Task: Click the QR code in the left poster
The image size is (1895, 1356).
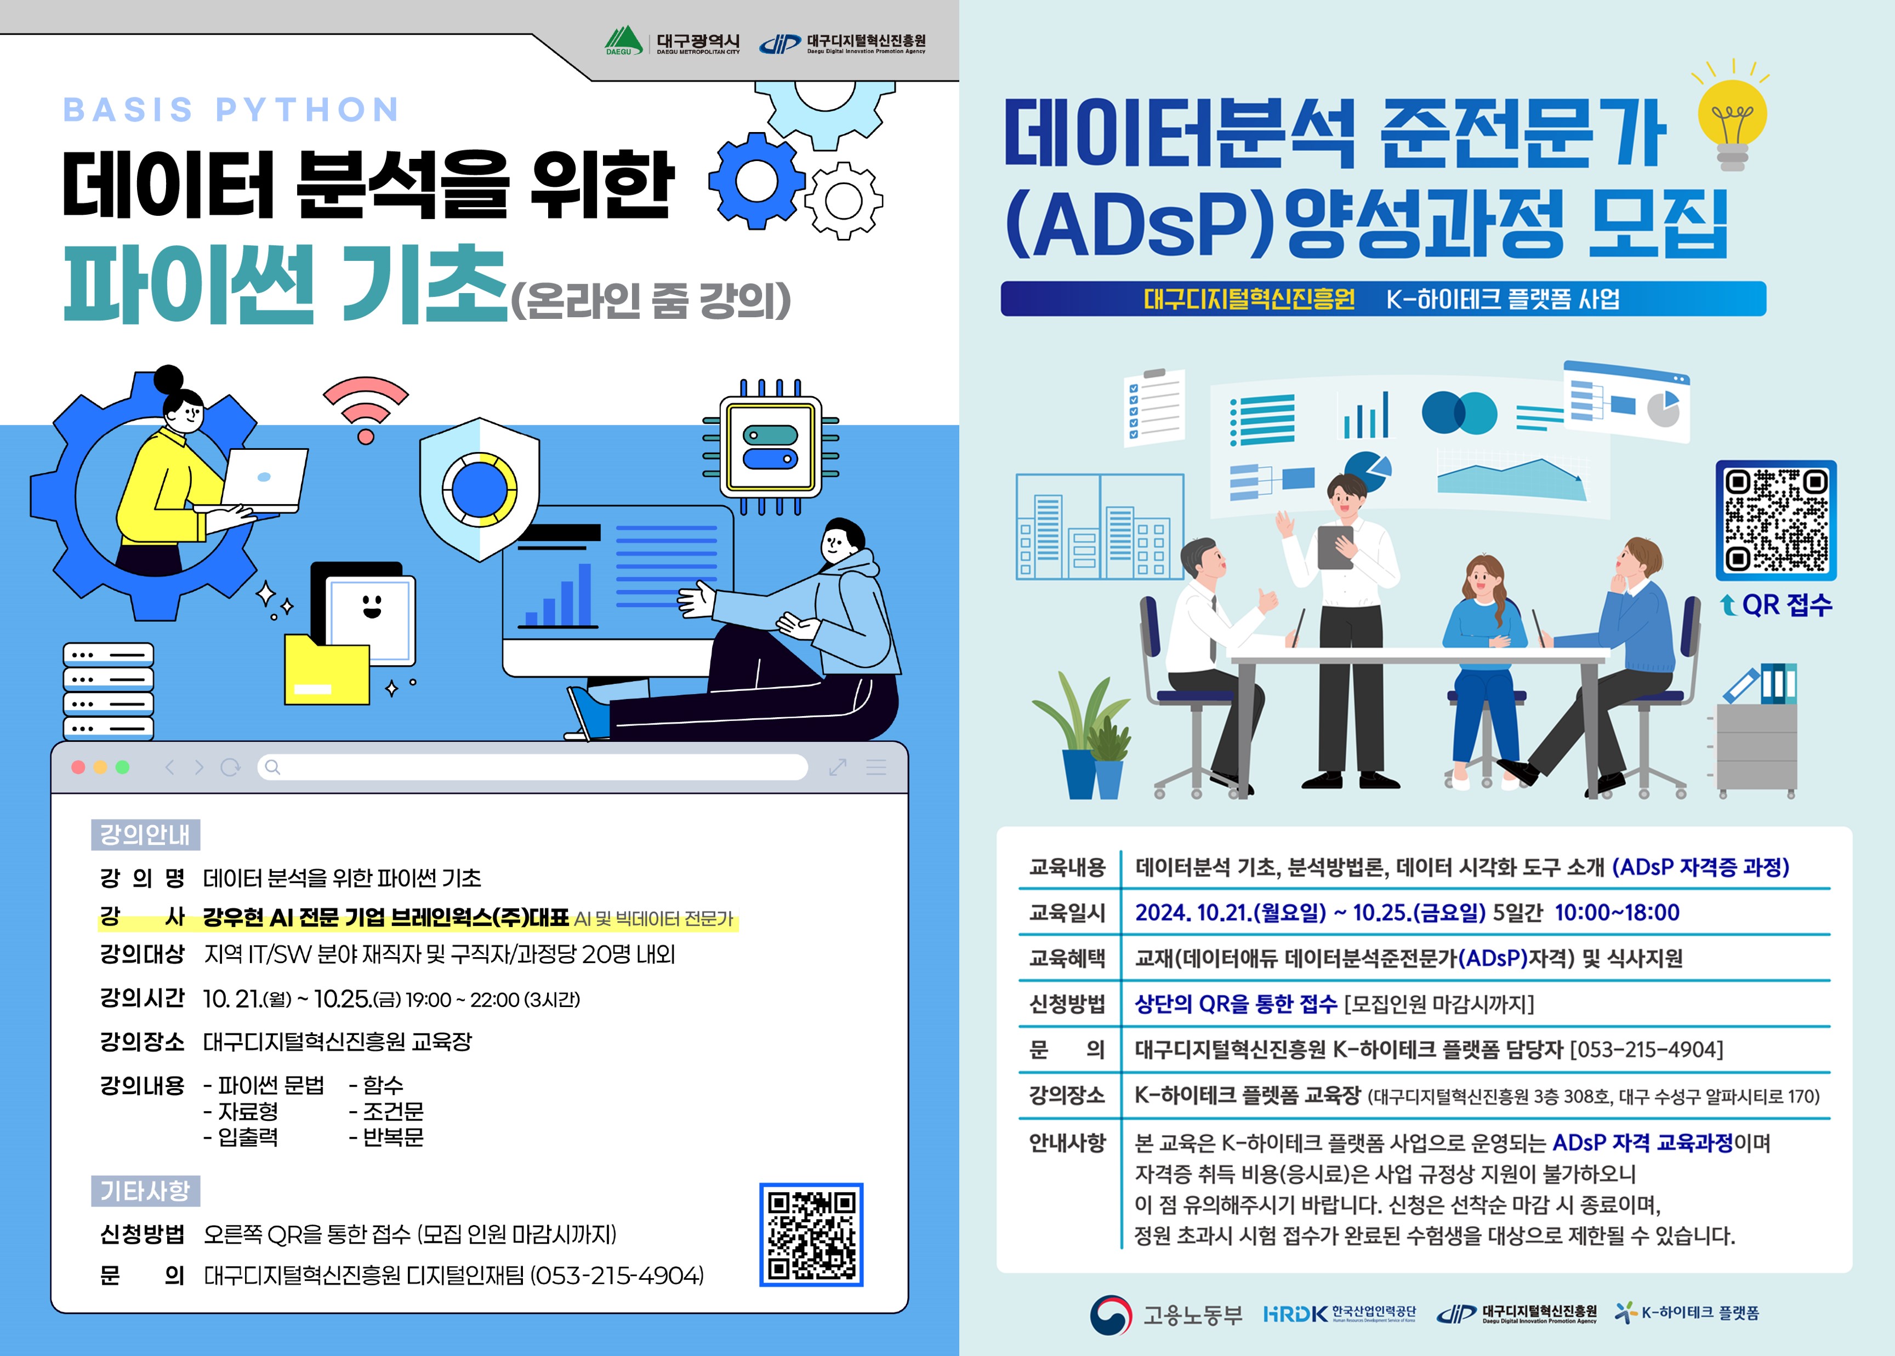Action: click(811, 1234)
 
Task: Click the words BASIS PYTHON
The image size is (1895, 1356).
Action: click(231, 110)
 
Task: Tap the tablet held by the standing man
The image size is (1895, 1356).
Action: click(1335, 547)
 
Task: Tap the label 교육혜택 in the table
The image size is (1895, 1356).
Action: click(1067, 958)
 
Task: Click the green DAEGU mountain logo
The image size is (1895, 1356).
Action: click(624, 40)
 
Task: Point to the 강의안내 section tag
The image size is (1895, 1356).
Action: click(145, 834)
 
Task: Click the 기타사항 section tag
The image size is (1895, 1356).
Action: click(145, 1191)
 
